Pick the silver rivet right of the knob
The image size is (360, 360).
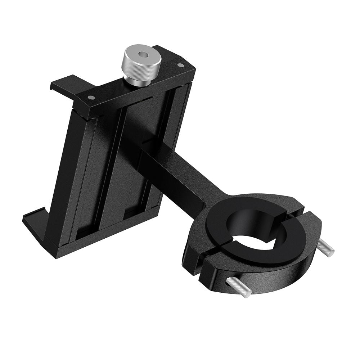181,65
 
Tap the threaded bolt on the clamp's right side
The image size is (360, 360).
325,248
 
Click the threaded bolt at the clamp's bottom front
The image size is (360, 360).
238,288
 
